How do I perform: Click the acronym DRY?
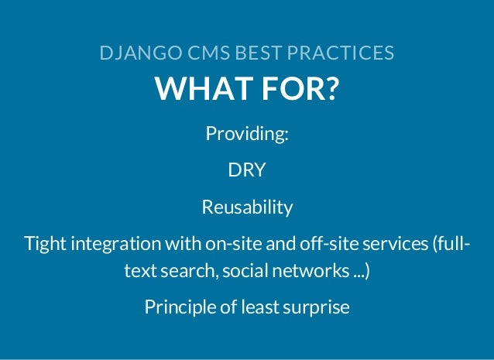tap(247, 170)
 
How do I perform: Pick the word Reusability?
tap(247, 207)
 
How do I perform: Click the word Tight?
tap(46, 245)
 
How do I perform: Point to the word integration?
tap(113, 245)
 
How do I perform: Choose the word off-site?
tap(314, 245)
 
